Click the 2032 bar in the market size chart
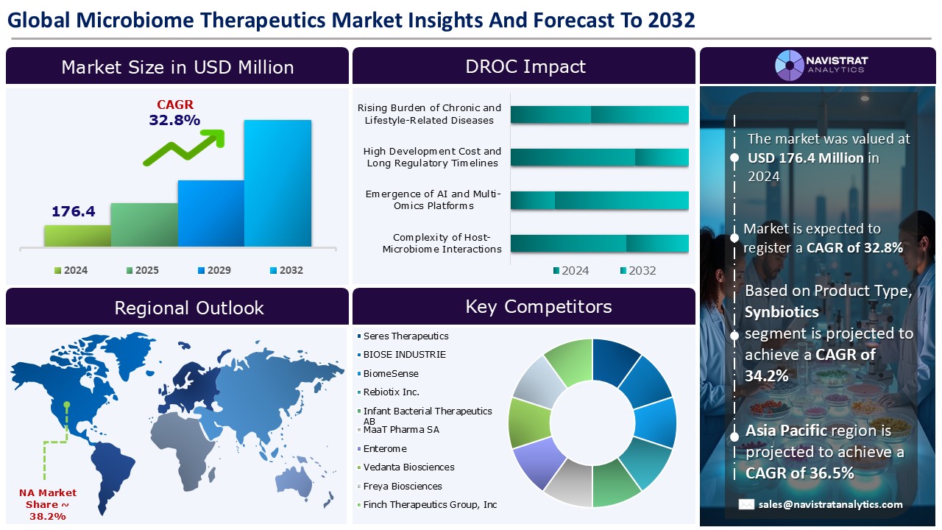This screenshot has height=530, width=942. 277,183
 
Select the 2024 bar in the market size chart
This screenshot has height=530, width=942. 77,236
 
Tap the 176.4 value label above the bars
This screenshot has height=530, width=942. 73,211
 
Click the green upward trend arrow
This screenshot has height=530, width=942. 185,146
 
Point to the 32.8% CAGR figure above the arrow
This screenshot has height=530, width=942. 174,120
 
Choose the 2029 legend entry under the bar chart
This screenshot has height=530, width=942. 214,270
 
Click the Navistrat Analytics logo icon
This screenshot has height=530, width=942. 790,66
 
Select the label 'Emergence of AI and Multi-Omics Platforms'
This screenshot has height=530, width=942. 433,199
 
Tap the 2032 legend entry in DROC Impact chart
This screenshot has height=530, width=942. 638,270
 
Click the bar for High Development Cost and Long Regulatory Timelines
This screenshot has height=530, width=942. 599,158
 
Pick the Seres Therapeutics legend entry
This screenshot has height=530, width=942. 403,336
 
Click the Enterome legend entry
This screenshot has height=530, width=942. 382,449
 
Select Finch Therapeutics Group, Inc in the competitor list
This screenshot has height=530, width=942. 427,505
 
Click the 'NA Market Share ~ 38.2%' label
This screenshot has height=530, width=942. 48,504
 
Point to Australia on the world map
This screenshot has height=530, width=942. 295,484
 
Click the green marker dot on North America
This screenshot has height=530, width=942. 67,405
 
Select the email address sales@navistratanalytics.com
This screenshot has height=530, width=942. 831,504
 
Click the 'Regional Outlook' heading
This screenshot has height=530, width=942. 189,308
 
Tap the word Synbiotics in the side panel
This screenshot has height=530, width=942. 782,312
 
